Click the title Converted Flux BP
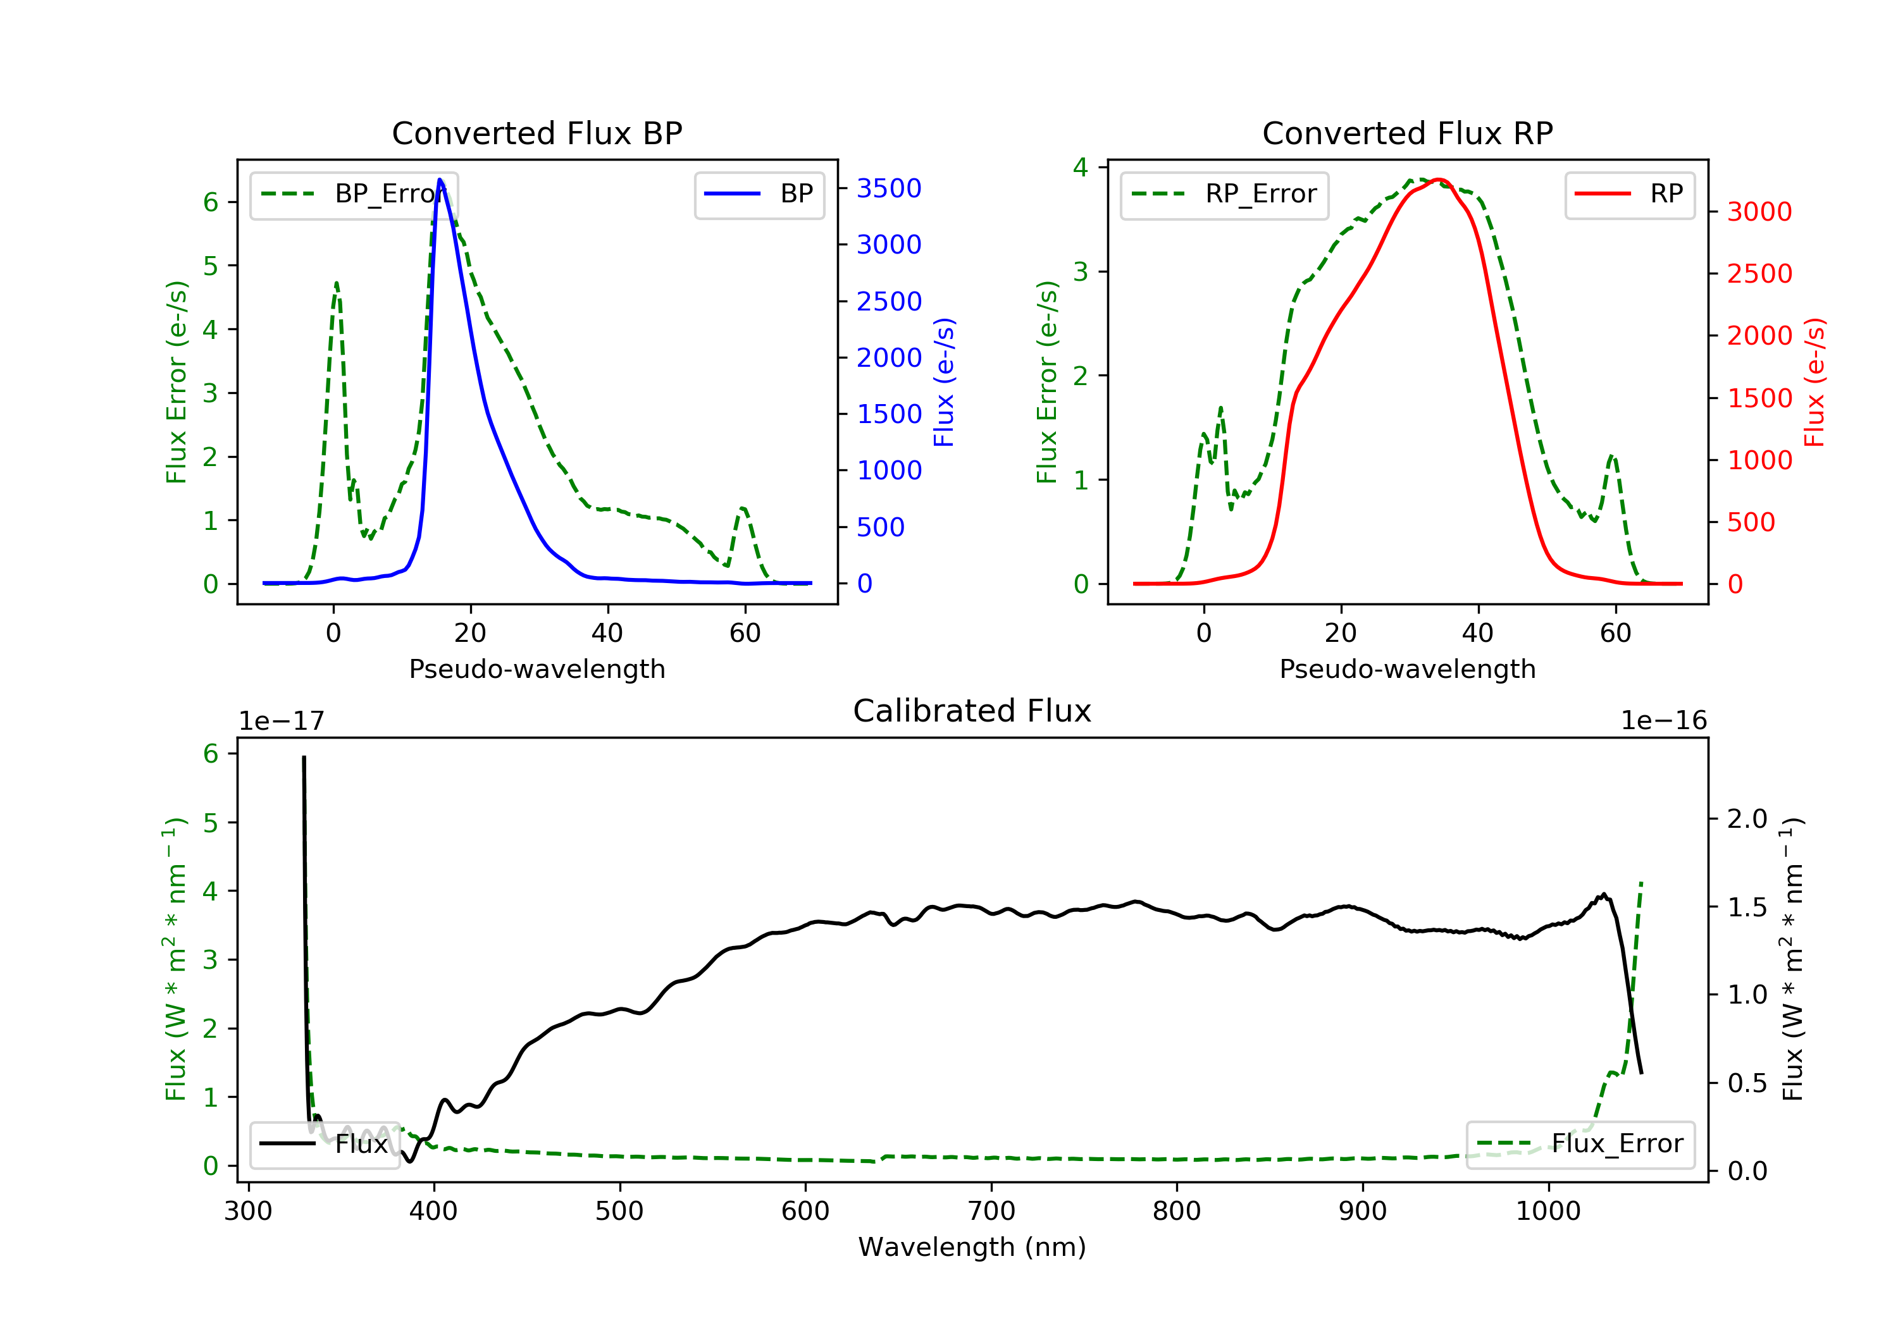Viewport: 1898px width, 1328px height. pos(537,133)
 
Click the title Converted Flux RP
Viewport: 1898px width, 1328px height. pos(1407,133)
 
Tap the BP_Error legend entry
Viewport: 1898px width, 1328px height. pos(354,194)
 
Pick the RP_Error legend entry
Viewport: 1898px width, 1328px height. pos(1224,194)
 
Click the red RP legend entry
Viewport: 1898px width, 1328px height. pos(1629,194)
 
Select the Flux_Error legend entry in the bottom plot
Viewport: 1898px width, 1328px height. pos(1580,1144)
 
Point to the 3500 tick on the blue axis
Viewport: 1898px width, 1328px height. pos(889,188)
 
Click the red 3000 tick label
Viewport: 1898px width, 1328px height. pos(1759,212)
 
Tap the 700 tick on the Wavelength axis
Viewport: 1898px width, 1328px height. pos(990,1212)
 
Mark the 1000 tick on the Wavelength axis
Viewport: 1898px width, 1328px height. pos(1548,1212)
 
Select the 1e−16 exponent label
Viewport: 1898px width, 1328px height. pos(1663,721)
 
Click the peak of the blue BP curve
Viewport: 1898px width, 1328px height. pos(440,180)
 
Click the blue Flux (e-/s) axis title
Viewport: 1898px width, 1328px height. pos(944,382)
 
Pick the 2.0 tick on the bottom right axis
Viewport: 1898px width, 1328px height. pos(1747,819)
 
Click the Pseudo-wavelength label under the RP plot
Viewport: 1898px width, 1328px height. pos(1407,668)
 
